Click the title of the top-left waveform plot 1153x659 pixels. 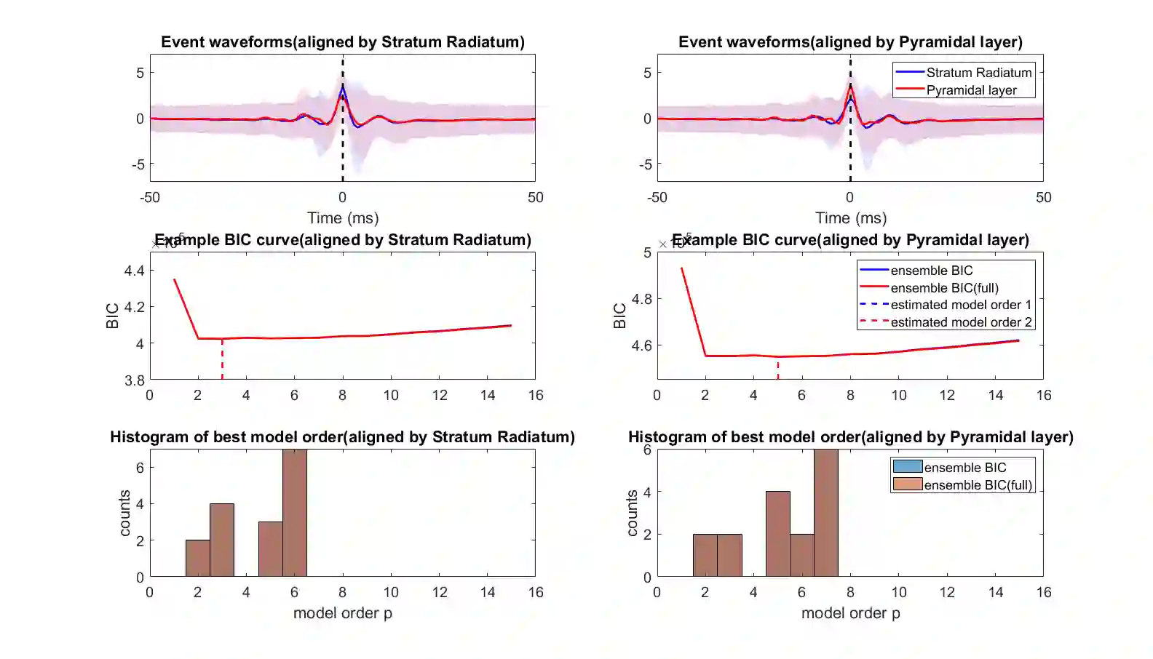[342, 42]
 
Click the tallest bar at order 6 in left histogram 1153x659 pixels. [295, 513]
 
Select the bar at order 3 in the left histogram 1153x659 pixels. [222, 540]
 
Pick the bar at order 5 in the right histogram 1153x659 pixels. [777, 534]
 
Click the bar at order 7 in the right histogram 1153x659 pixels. [826, 513]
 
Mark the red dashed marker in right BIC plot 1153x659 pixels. [777, 367]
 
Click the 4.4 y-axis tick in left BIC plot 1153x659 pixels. [135, 271]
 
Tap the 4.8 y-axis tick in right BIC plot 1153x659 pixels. [642, 299]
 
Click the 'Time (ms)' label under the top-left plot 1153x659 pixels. [342, 218]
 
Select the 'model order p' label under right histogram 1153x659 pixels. [850, 613]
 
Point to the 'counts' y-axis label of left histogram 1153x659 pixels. [124, 513]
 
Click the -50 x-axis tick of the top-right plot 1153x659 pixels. [657, 198]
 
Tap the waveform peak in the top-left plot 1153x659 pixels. [342, 87]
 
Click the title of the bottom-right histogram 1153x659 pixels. [850, 437]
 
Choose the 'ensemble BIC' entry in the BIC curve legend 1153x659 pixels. [931, 271]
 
